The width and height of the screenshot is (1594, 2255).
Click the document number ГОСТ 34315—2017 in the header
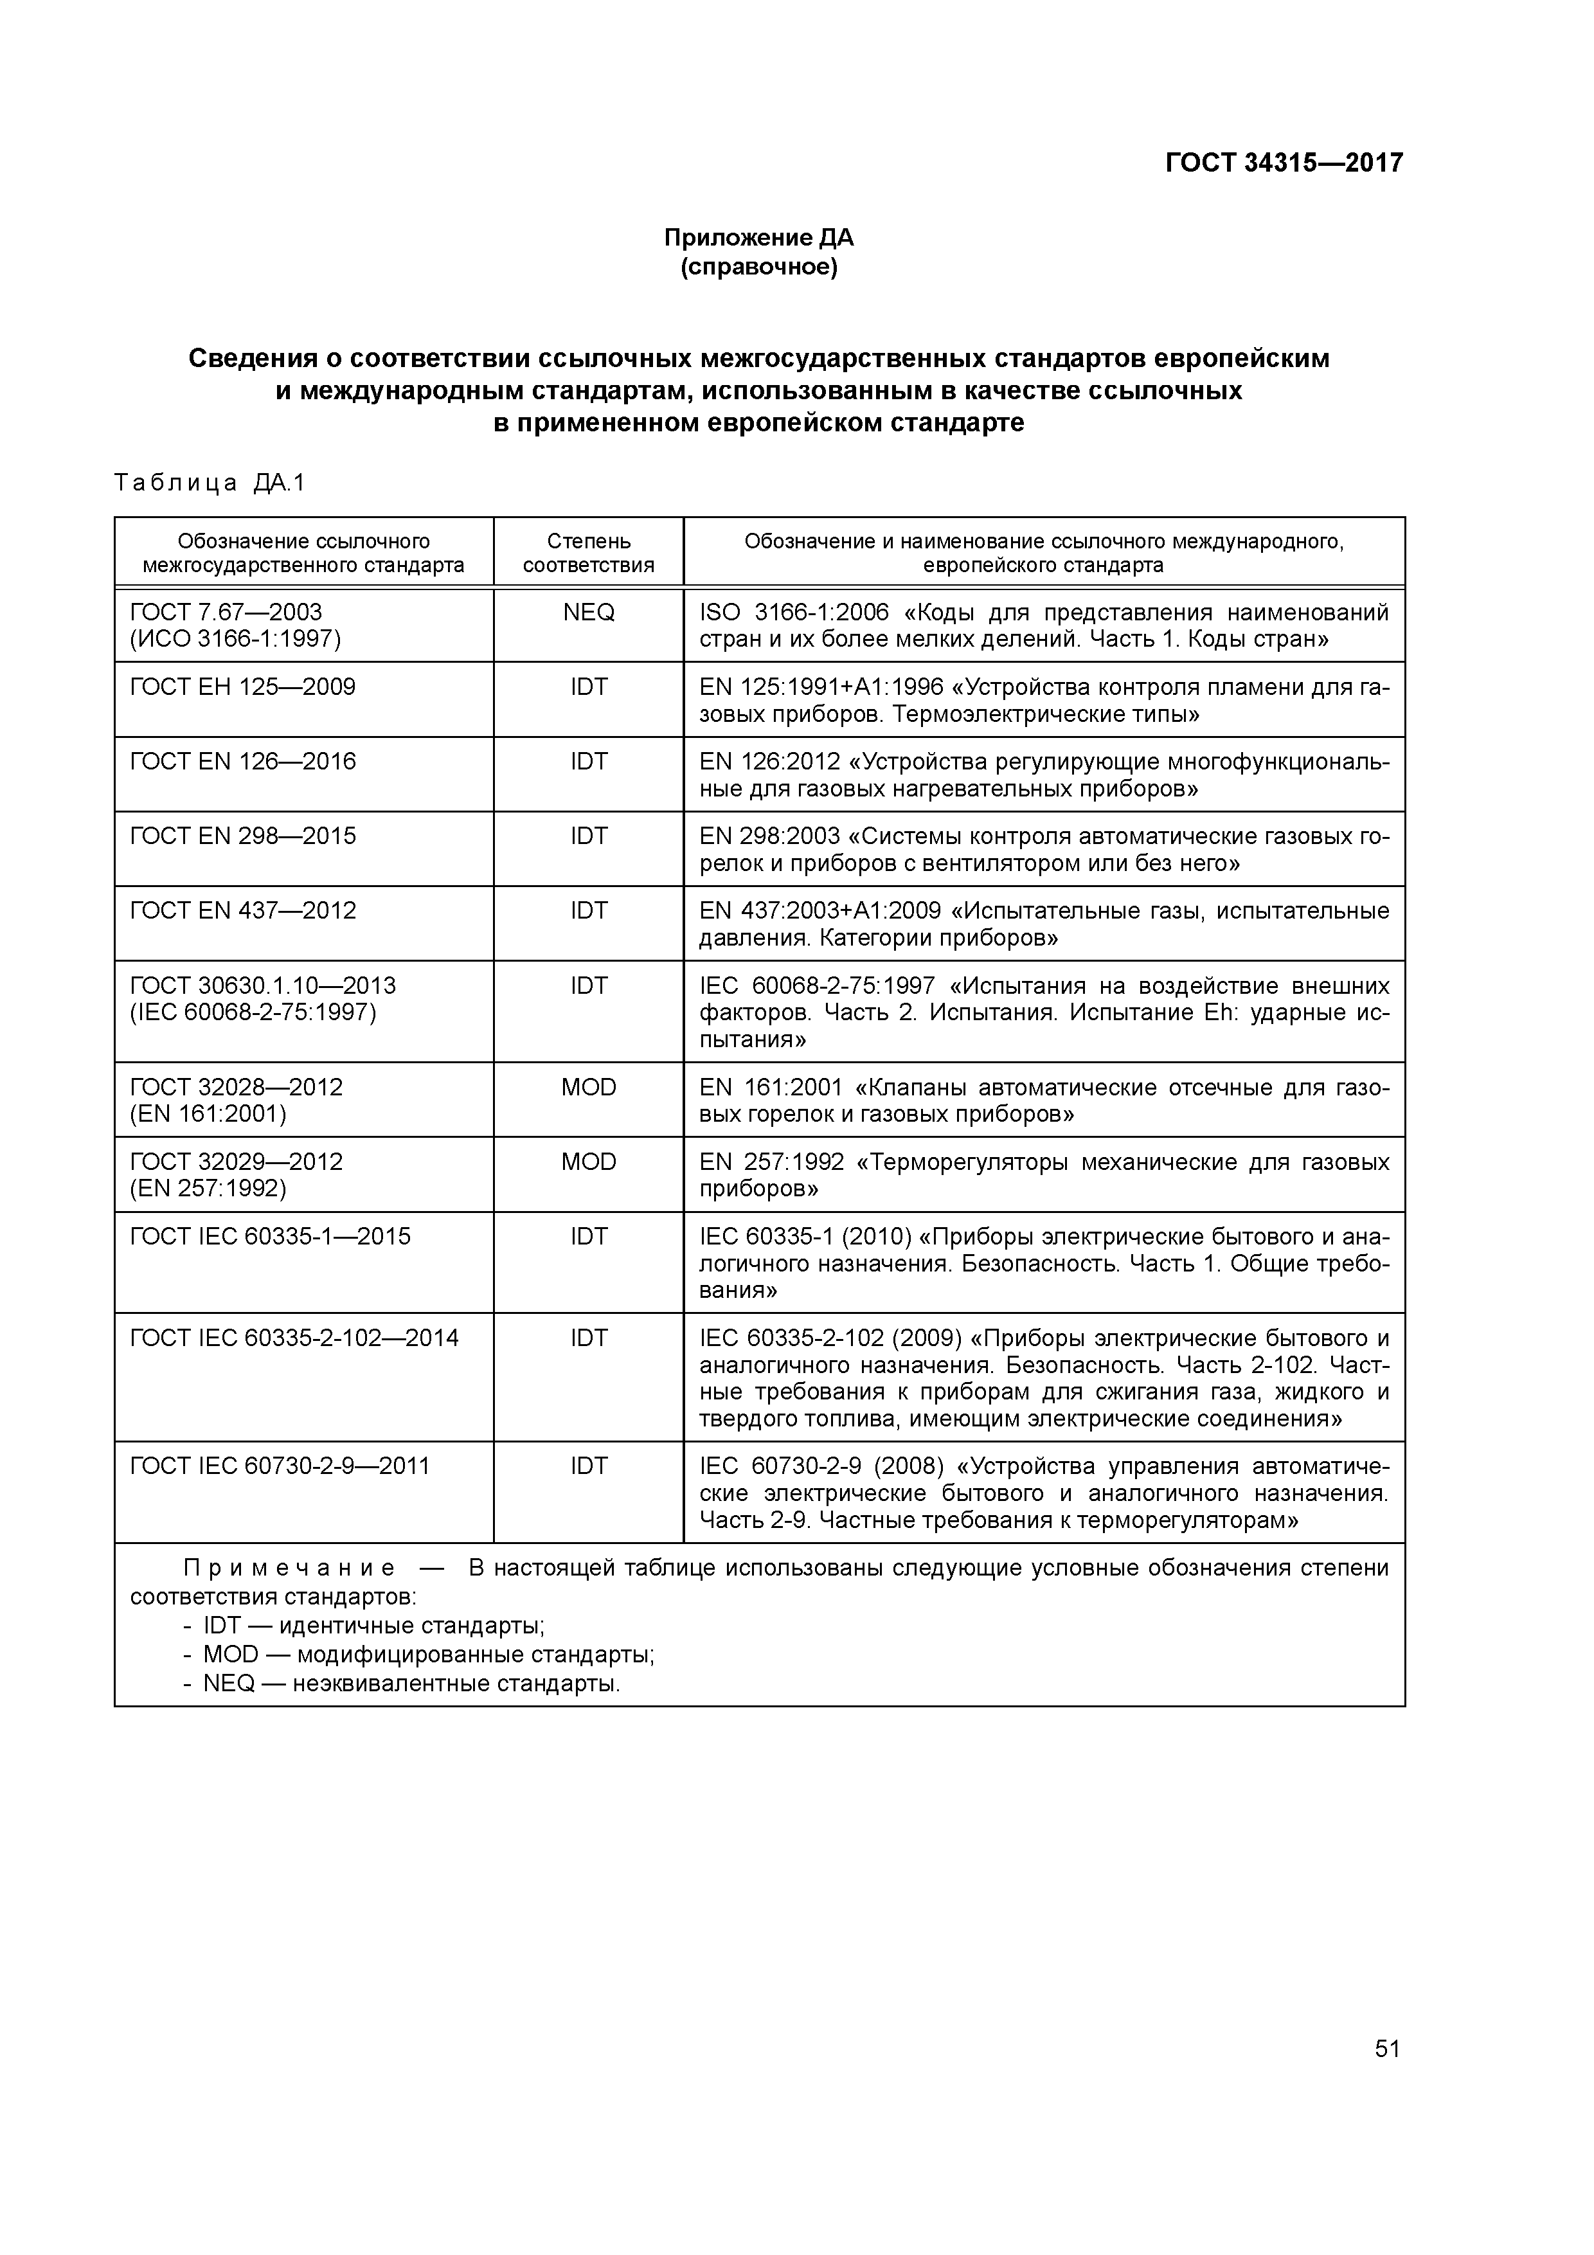click(1284, 162)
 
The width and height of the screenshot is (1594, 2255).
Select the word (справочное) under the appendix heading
click(758, 267)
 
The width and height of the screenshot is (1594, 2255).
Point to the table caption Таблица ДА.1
click(210, 483)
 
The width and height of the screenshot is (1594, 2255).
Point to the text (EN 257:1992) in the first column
click(208, 1189)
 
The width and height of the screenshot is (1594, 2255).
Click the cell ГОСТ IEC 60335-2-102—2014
click(294, 1338)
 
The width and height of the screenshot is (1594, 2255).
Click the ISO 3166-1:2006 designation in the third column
click(794, 613)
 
